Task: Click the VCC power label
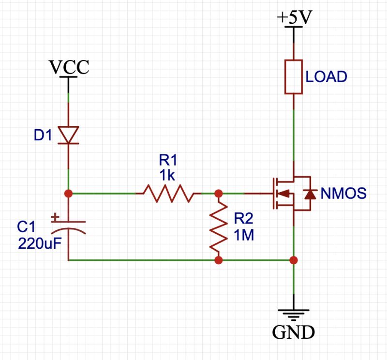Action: [70, 67]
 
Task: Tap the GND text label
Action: [294, 332]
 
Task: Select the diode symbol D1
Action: [68, 135]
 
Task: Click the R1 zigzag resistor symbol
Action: [168, 194]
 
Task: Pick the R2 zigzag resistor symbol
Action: [218, 226]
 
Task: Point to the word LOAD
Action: [327, 77]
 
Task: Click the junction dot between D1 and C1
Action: [68, 194]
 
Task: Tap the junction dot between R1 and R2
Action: [218, 194]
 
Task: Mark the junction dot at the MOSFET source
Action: [293, 260]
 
